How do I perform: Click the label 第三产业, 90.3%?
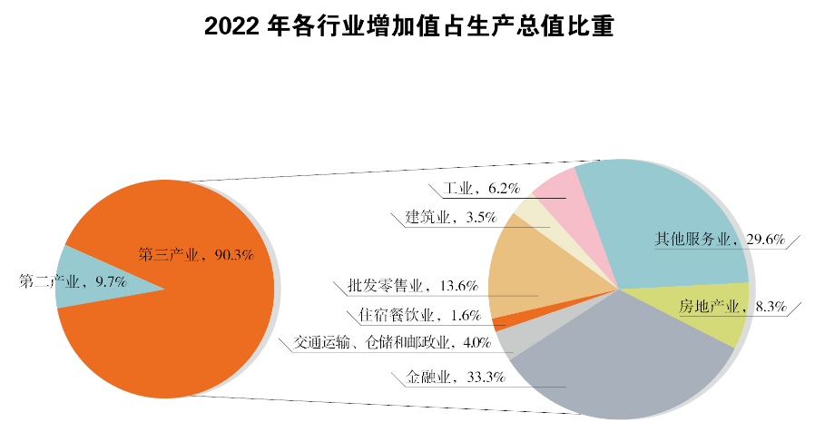click(x=195, y=254)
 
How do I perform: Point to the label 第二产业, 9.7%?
click(x=73, y=282)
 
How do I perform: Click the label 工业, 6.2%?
click(x=481, y=189)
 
